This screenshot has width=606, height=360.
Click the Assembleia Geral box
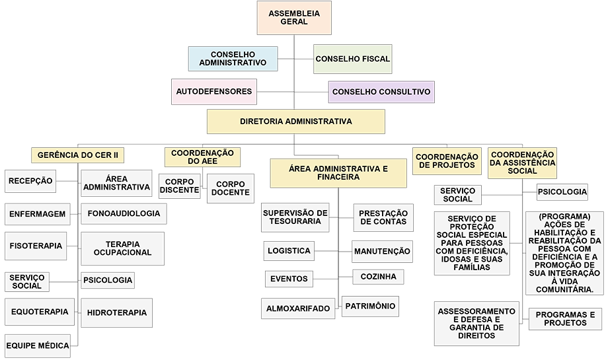click(294, 18)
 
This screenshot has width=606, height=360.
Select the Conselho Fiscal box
click(352, 59)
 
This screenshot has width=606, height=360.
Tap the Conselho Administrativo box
click(233, 59)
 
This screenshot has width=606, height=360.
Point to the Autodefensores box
click(214, 92)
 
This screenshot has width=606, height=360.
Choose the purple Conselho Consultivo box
click(381, 92)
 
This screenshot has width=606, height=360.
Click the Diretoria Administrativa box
click(296, 122)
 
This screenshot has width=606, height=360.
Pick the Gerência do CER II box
click(78, 155)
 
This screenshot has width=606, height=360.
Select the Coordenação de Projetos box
click(447, 161)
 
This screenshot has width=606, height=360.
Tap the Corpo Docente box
click(231, 188)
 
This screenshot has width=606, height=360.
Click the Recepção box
click(30, 181)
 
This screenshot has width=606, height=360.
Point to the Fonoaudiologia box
click(124, 213)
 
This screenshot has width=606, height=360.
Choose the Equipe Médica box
click(38, 345)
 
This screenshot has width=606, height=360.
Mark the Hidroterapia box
click(117, 313)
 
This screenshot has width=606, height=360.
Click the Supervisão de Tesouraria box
click(295, 217)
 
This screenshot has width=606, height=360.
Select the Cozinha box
click(378, 277)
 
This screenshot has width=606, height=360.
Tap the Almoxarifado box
click(298, 308)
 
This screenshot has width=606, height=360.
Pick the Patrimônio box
click(370, 306)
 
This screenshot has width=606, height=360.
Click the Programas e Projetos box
click(565, 319)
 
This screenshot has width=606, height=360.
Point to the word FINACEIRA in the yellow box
click(338, 177)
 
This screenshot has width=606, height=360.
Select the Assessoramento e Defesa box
click(476, 324)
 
